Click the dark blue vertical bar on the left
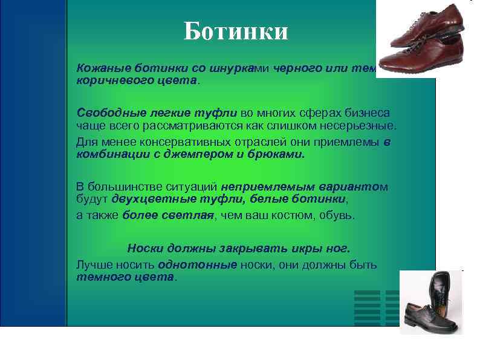[33, 163]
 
